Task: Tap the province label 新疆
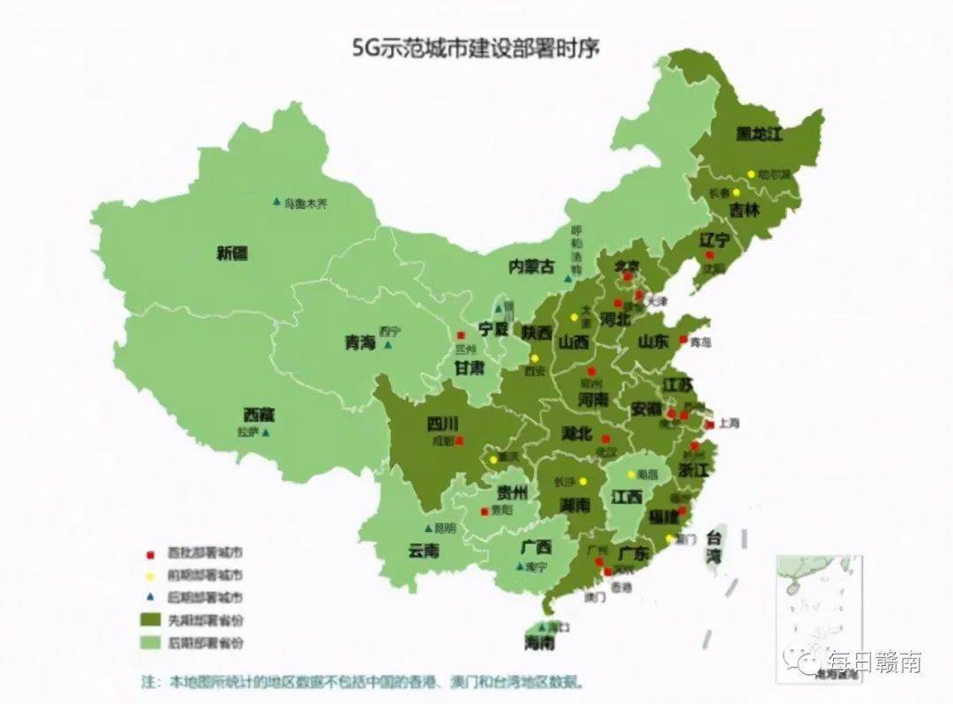click(231, 254)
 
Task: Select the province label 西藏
click(259, 414)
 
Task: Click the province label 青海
click(360, 344)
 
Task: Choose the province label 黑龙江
click(760, 134)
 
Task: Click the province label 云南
click(424, 550)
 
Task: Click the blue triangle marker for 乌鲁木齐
click(276, 202)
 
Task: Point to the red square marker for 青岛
click(683, 339)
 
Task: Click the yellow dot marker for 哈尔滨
click(751, 175)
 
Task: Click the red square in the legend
click(150, 553)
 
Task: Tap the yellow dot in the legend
click(150, 575)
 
